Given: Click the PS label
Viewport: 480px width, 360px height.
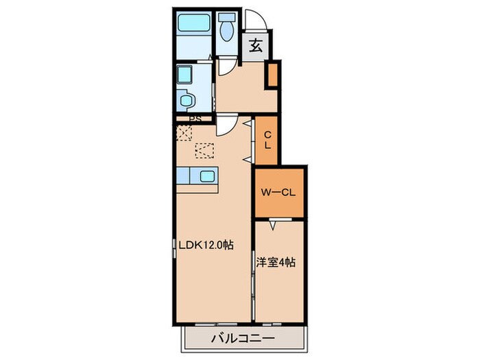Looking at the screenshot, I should pyautogui.click(x=195, y=118).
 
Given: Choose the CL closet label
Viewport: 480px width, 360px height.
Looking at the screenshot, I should pyautogui.click(x=267, y=140).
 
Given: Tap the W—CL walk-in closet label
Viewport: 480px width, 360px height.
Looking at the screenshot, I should pyautogui.click(x=278, y=193).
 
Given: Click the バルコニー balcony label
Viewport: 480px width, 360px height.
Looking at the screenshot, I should pyautogui.click(x=242, y=338).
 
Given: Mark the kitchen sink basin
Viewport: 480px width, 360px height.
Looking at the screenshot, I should pyautogui.click(x=208, y=177).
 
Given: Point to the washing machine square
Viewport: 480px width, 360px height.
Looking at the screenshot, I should pyautogui.click(x=184, y=74).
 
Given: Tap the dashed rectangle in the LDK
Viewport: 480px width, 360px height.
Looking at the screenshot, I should pyautogui.click(x=204, y=149).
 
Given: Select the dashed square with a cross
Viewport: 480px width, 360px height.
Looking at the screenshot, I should pyautogui.click(x=183, y=132).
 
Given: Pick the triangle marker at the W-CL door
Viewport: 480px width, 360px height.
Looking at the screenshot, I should pyautogui.click(x=272, y=224).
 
